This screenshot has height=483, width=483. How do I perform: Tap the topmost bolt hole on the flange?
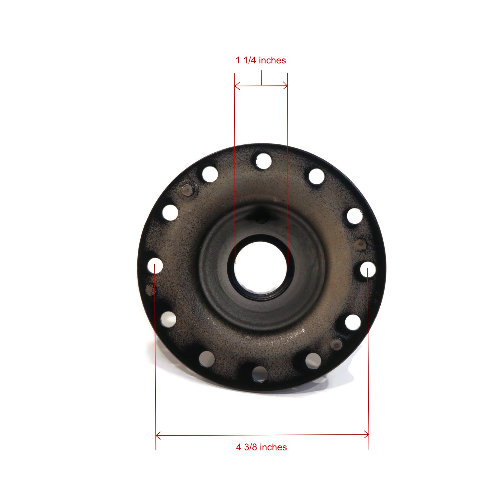click(263, 161)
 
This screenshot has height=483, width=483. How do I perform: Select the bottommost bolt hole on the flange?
click(259, 374)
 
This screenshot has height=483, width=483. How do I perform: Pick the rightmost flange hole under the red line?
click(368, 270)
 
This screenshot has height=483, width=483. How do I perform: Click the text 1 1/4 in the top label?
click(246, 60)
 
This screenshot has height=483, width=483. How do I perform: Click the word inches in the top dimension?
click(272, 60)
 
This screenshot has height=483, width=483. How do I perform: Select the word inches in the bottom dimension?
click(273, 447)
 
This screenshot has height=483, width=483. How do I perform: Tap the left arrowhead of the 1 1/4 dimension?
click(236, 86)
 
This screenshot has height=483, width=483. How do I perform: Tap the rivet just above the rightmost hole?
click(361, 244)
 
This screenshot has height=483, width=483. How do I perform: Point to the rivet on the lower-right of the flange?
click(336, 344)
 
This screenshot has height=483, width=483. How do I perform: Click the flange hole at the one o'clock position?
click(316, 176)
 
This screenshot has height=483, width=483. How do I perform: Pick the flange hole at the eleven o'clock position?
click(210, 174)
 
